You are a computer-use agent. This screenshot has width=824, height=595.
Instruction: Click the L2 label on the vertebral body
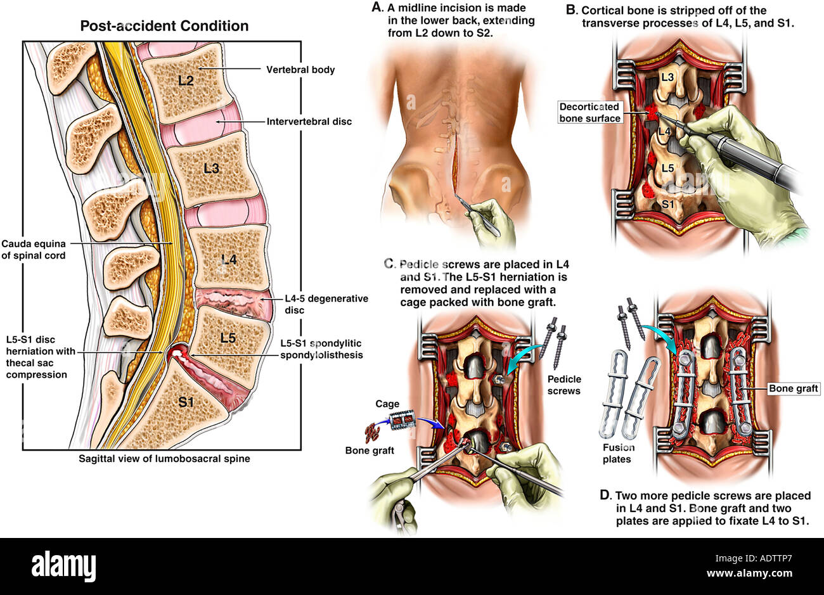(186, 80)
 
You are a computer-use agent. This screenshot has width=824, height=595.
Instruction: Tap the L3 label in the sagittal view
(212, 169)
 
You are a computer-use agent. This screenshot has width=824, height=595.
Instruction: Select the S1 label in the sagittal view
(186, 402)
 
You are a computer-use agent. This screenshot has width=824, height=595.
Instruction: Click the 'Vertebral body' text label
(300, 70)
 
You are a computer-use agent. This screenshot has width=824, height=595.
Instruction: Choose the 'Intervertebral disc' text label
(309, 122)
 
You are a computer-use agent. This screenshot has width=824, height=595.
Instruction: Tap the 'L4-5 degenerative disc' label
(326, 304)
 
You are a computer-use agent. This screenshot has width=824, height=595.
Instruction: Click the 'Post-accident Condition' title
(164, 26)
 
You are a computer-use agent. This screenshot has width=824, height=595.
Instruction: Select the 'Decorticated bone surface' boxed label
(590, 112)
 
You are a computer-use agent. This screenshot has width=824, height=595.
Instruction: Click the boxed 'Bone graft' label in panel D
(794, 388)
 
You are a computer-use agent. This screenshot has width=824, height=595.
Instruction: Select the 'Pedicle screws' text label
(564, 385)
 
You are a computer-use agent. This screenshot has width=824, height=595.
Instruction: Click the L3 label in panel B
(667, 77)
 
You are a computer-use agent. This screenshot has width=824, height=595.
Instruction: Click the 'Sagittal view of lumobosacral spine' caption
(164, 459)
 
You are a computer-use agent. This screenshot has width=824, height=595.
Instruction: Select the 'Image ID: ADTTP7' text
(754, 558)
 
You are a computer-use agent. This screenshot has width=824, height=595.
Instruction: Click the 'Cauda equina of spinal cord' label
(34, 249)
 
